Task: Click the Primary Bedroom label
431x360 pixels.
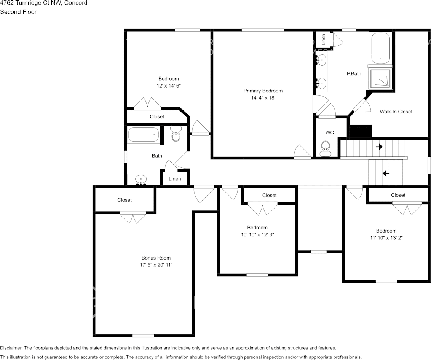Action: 263,91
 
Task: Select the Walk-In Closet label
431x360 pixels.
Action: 396,112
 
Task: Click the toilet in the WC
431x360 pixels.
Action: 326,148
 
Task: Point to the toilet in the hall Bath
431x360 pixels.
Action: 176,134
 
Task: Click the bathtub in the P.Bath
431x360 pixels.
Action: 380,48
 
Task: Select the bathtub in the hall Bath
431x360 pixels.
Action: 144,135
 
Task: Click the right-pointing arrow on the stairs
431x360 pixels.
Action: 379,147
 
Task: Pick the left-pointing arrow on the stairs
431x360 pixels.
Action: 386,174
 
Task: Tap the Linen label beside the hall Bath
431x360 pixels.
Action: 175,179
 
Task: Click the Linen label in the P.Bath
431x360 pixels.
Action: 323,39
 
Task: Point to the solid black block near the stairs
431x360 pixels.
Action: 360,131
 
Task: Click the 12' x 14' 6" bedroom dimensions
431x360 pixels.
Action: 168,86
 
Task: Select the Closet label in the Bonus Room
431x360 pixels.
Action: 125,200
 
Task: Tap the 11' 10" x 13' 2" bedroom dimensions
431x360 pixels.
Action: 386,237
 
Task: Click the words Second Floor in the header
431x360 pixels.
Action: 18,12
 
